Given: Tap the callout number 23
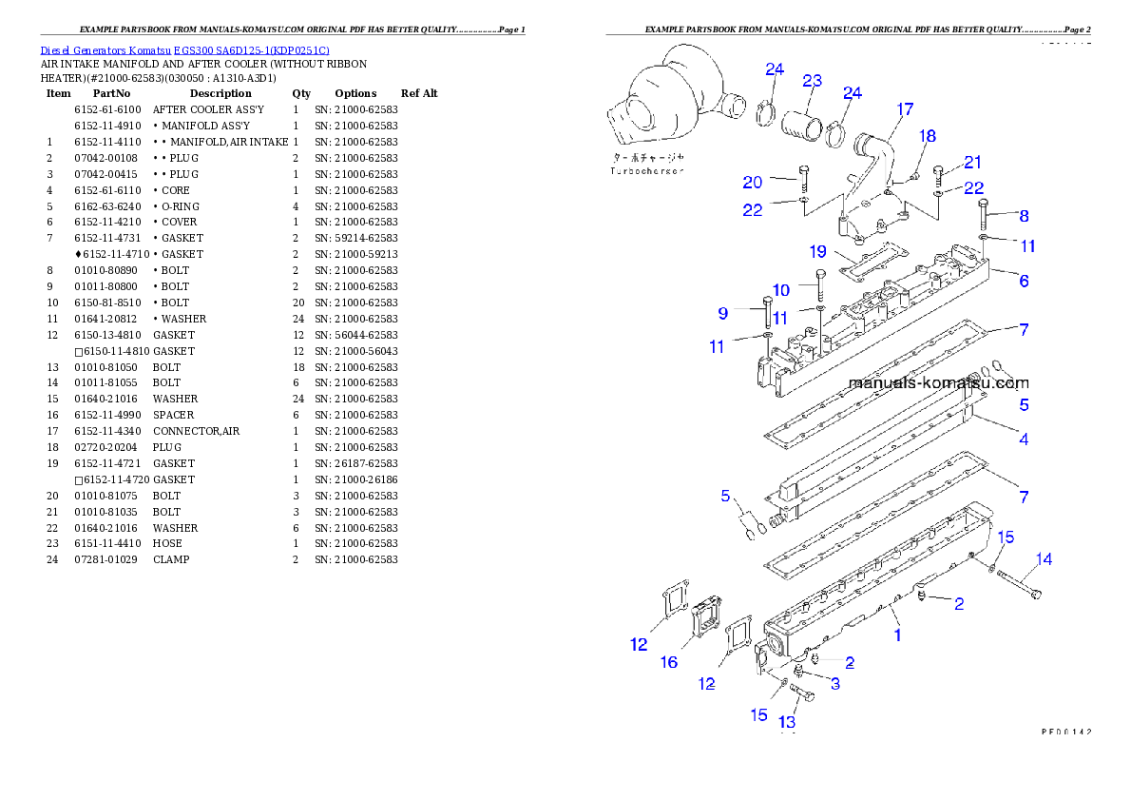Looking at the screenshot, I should [x=812, y=81].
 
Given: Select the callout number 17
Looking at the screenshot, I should [x=904, y=109].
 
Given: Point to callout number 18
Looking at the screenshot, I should [x=928, y=137].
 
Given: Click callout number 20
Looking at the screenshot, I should [x=753, y=183].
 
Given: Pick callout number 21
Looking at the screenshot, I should [x=972, y=163].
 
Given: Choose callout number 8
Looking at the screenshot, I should [x=1024, y=216].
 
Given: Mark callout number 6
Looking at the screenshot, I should [x=1024, y=281].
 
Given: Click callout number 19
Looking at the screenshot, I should [x=818, y=252].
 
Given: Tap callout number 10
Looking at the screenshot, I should [x=780, y=290].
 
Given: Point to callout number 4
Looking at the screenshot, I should [x=1024, y=440].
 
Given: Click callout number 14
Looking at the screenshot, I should [x=1044, y=559].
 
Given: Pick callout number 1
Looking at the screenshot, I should [x=897, y=634].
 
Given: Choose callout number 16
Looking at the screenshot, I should [x=669, y=662].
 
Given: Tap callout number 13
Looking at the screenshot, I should [x=787, y=721].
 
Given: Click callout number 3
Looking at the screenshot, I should [x=834, y=683].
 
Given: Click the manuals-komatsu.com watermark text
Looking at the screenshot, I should [x=937, y=383].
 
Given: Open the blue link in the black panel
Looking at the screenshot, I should [x=184, y=50].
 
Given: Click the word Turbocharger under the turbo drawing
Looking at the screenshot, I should [x=647, y=171].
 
